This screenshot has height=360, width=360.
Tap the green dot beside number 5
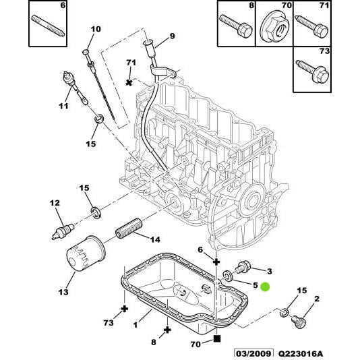[x=265, y=287]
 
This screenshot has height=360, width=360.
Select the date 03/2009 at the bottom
[x=253, y=353]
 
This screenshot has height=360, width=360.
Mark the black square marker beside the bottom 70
[x=216, y=340]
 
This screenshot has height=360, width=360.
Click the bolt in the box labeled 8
[x=236, y=27]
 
